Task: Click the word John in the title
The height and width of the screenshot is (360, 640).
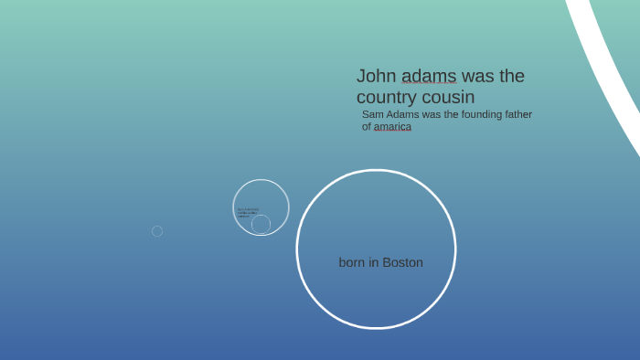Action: [x=376, y=76]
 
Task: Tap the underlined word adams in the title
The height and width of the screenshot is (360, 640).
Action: [x=429, y=76]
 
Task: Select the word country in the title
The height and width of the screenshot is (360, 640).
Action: [x=386, y=97]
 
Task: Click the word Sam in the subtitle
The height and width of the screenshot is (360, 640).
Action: [x=373, y=114]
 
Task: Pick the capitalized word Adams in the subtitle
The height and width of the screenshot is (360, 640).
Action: [x=403, y=114]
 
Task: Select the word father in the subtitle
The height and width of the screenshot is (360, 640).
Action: [x=517, y=114]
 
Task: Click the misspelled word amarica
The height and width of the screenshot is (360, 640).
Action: [x=392, y=127]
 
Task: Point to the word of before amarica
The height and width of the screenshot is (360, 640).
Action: [x=367, y=127]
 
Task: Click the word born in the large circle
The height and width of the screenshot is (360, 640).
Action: [x=352, y=262]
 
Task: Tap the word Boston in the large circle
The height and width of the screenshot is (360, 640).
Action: [x=402, y=262]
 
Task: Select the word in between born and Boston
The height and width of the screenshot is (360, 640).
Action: [x=374, y=262]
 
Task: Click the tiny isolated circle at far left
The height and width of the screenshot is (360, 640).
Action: [x=157, y=231]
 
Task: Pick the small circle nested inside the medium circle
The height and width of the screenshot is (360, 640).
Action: [x=261, y=224]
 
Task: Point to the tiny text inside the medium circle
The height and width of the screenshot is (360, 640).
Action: [x=248, y=212]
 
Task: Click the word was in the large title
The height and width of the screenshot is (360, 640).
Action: [x=479, y=76]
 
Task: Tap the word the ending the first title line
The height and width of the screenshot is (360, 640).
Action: [x=512, y=76]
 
